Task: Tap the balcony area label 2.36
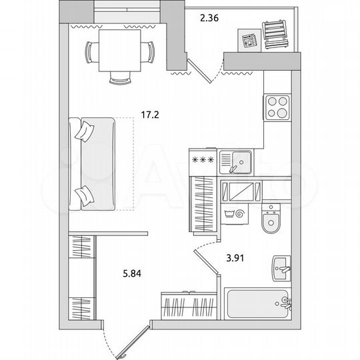tap(209, 18)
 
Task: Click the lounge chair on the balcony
tap(275, 35)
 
